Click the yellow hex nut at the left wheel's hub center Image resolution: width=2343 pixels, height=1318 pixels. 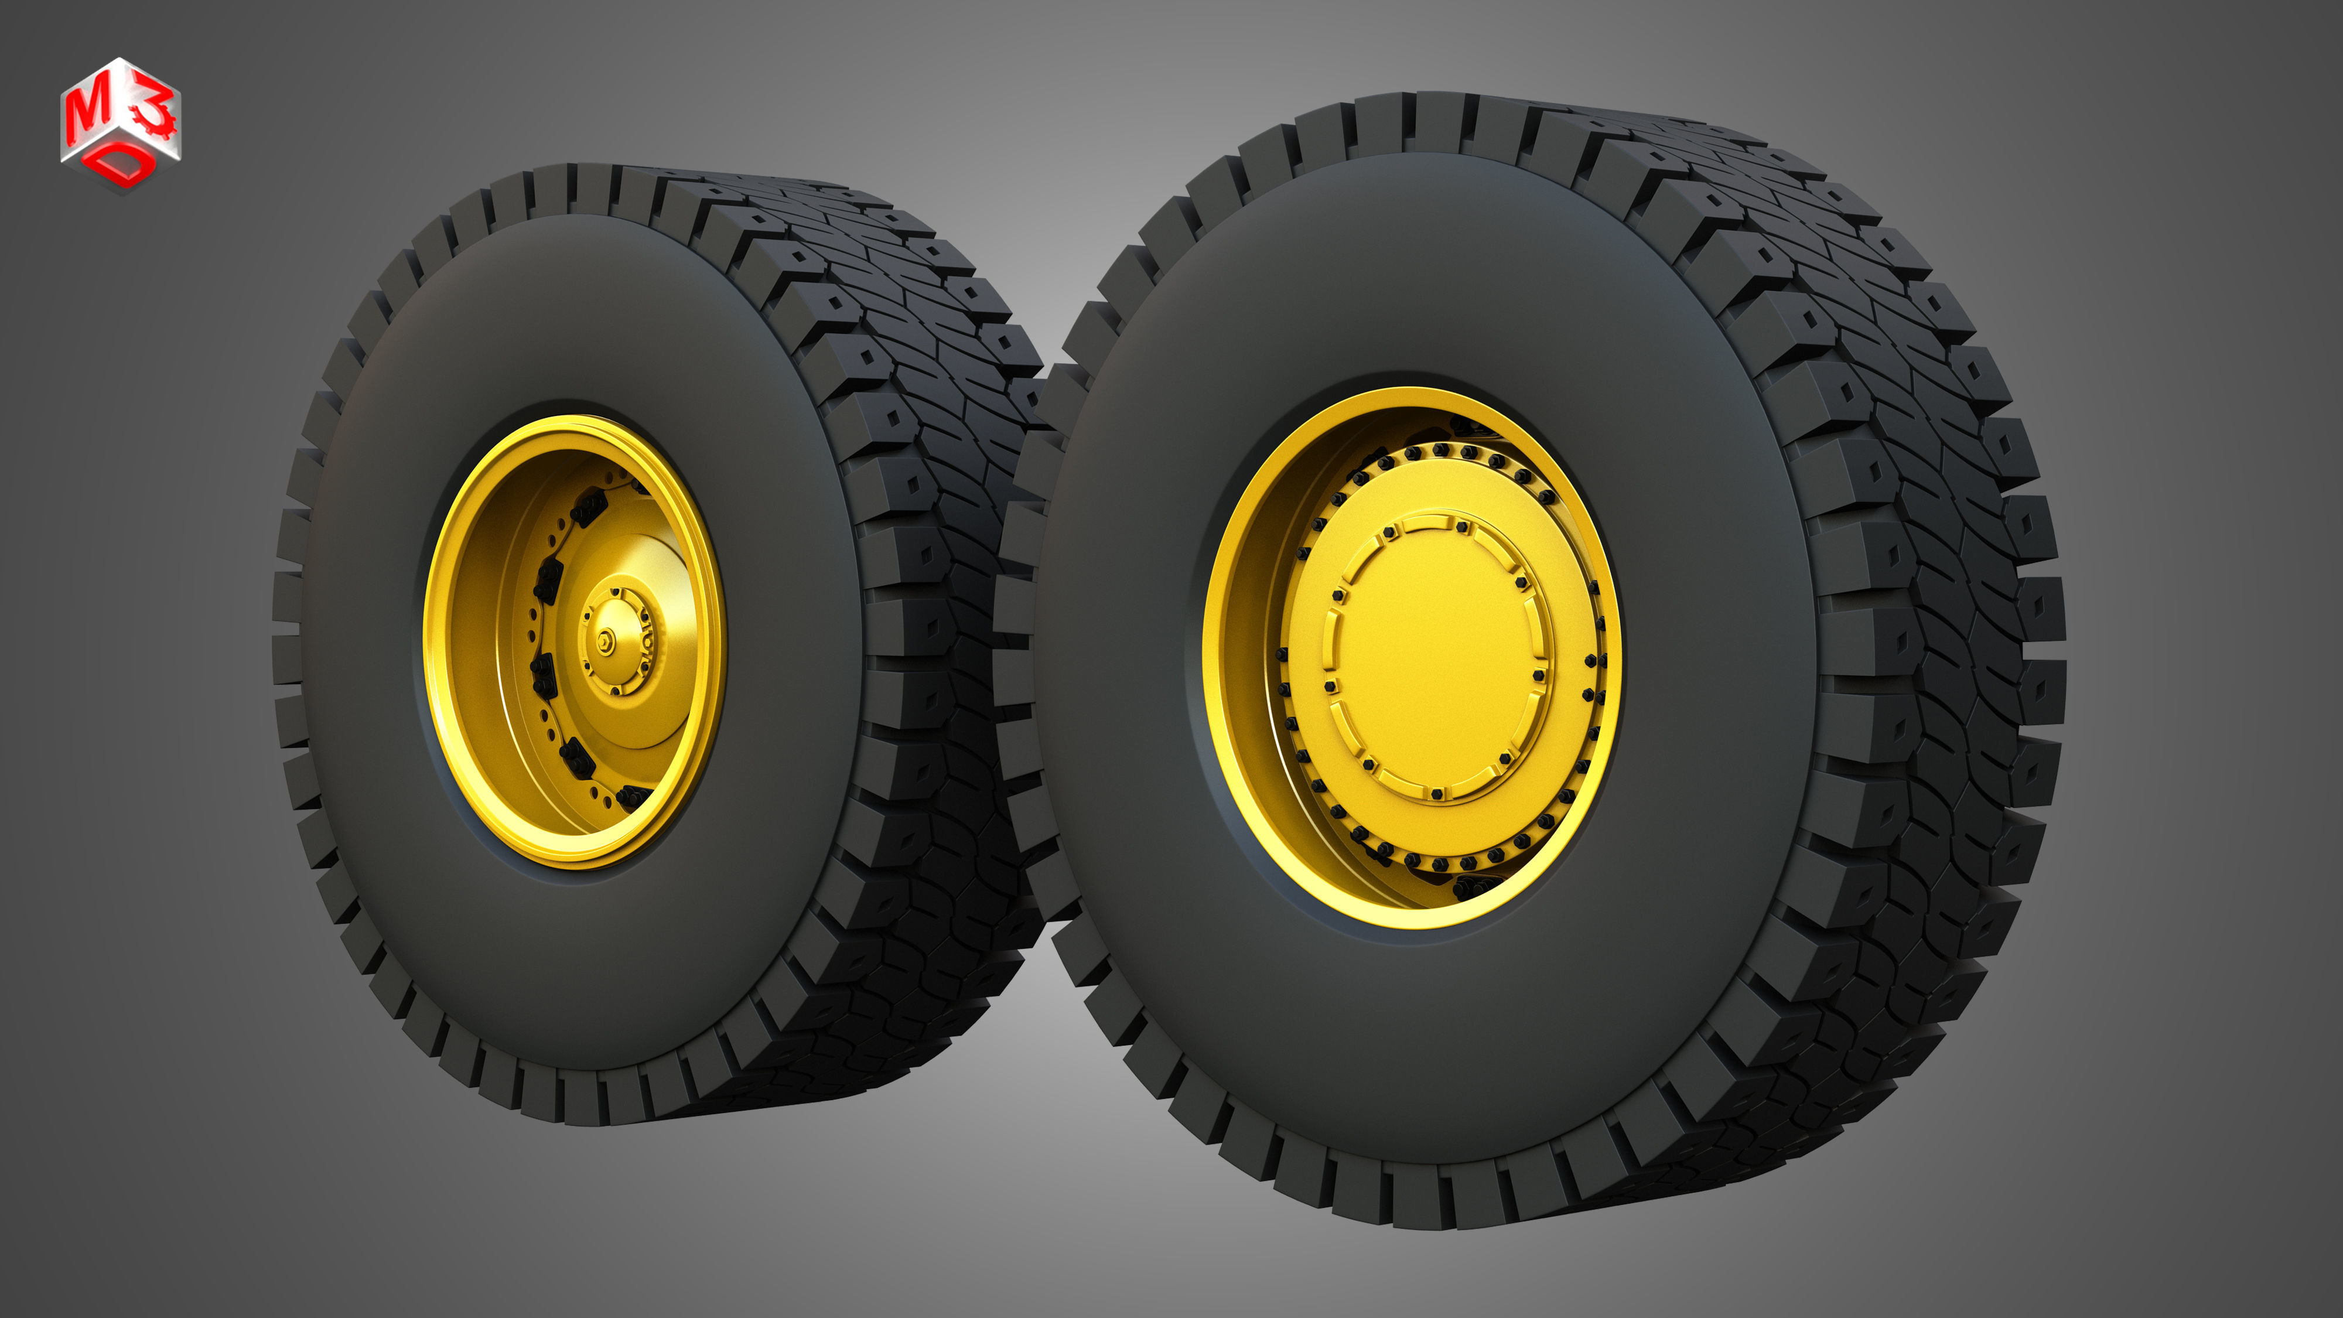tap(604, 642)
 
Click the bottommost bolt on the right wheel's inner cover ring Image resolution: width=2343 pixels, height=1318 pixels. tap(1436, 794)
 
